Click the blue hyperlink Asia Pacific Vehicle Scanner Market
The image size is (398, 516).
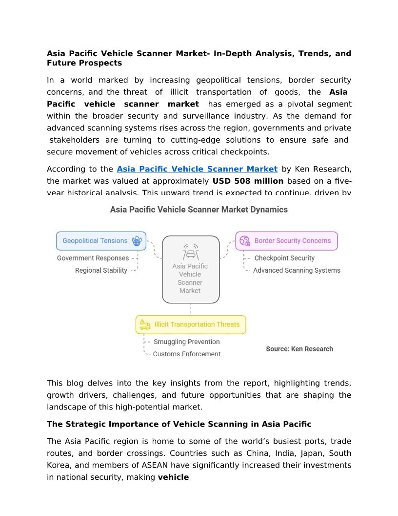[197, 169]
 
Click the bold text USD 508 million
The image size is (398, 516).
[248, 181]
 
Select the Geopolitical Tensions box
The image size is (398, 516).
[101, 241]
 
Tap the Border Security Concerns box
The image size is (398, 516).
[286, 241]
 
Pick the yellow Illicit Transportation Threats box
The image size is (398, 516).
[191, 324]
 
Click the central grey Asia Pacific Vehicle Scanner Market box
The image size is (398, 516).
[190, 269]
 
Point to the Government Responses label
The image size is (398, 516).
[93, 258]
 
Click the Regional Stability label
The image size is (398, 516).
[101, 270]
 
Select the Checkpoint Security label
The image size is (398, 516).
[284, 258]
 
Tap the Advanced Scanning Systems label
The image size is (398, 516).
[297, 270]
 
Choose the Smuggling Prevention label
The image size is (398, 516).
[187, 342]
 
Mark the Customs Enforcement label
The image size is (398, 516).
[187, 354]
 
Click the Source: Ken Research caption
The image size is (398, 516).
[299, 349]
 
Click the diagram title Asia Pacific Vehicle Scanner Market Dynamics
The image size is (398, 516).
[199, 210]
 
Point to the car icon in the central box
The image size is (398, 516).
[190, 252]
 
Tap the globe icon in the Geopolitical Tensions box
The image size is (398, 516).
[137, 241]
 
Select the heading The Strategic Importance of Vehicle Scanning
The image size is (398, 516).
[179, 424]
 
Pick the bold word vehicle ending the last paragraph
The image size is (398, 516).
[173, 477]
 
